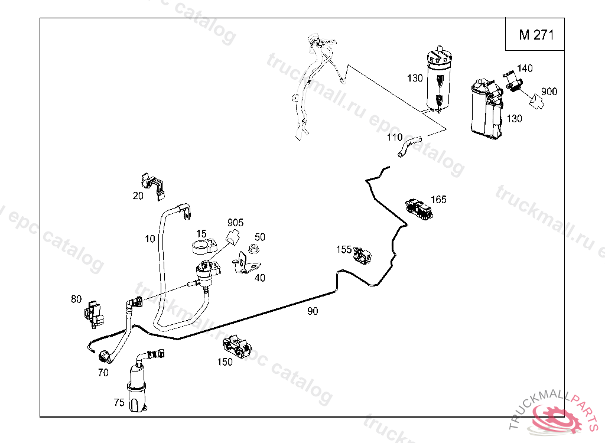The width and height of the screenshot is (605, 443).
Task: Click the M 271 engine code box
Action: (536, 35)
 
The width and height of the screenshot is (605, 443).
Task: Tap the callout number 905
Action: (235, 223)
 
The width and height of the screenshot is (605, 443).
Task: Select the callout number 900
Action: (549, 92)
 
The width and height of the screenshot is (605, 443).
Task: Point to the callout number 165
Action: (438, 199)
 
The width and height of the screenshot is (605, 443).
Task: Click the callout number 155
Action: (344, 249)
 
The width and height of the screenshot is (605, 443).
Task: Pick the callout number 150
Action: (225, 361)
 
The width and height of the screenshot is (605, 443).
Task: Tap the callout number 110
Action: (395, 138)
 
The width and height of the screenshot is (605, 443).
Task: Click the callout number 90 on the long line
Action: (313, 311)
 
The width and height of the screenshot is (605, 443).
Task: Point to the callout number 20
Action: (138, 196)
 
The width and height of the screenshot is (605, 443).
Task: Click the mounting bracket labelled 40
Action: (243, 264)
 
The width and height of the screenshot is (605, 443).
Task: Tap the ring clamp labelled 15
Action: (202, 245)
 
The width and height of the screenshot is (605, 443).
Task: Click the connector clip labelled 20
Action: (152, 183)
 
